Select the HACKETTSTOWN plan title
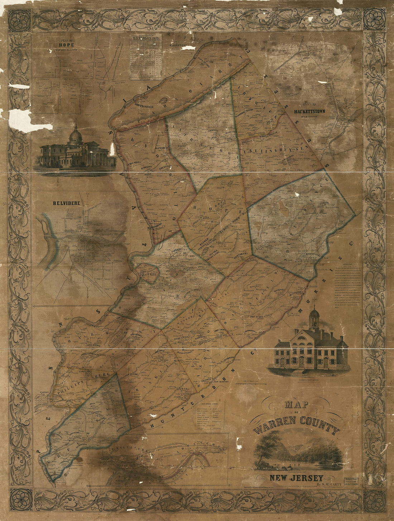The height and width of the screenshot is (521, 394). (x=309, y=111)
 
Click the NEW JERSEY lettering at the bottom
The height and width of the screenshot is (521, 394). (x=297, y=478)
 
